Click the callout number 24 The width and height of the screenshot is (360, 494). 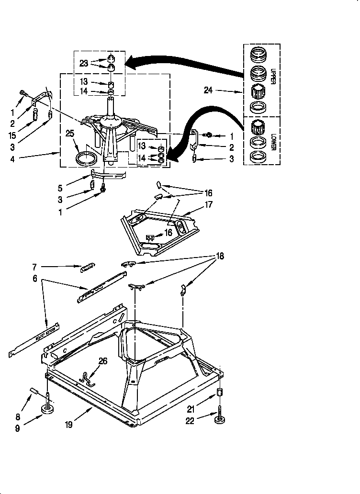point(208,90)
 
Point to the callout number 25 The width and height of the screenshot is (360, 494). point(70,134)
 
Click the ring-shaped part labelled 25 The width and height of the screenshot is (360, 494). point(85,158)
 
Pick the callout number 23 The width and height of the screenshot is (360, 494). point(84,63)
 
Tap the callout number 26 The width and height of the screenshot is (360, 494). point(103,361)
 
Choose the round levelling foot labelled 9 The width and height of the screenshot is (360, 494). point(48,409)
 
